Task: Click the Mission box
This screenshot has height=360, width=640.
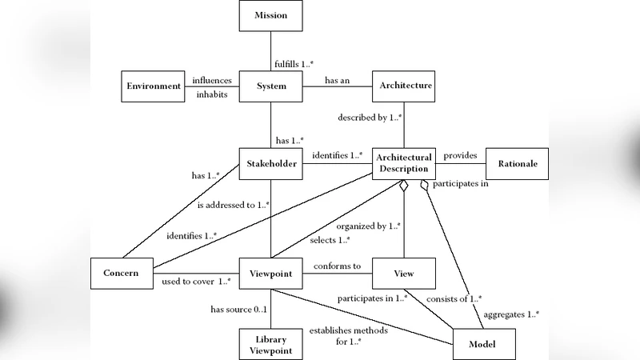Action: tap(270, 16)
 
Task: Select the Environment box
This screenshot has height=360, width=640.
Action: tap(152, 86)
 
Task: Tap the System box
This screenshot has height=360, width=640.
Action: tap(270, 86)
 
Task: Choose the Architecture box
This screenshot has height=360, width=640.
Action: tap(405, 86)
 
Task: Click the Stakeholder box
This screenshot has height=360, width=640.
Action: tap(270, 164)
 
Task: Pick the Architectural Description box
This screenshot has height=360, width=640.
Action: tap(405, 163)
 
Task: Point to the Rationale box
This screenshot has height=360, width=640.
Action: tap(518, 164)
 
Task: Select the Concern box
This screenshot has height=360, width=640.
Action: tap(122, 273)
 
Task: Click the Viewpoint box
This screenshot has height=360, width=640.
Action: tap(270, 273)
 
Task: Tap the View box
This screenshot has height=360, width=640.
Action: tap(405, 273)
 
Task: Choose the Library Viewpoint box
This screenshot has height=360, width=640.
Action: tap(270, 345)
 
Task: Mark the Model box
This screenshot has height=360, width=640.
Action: tap(484, 344)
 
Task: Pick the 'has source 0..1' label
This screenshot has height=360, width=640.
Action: tap(238, 309)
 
